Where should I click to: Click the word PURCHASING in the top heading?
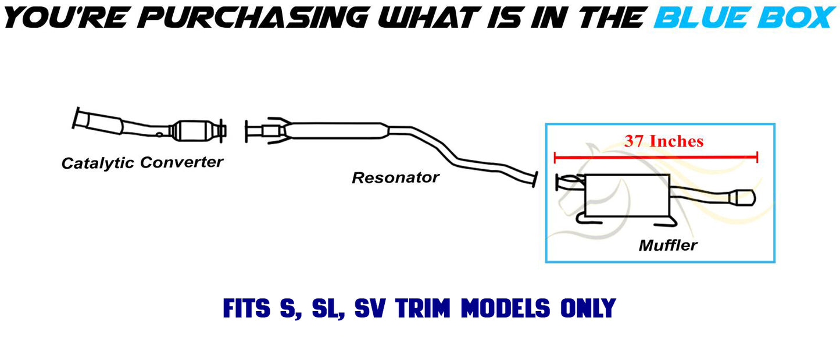pos(253,17)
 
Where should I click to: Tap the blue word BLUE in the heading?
pos(706,17)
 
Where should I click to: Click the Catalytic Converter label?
pos(142,162)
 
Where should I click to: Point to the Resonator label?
pos(395,177)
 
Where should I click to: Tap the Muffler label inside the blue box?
pos(668,245)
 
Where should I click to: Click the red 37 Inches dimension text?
pos(664,141)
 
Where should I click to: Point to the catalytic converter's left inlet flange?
pos(76,118)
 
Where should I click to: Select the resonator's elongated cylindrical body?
pos(337,131)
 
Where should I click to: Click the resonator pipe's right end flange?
pos(533,179)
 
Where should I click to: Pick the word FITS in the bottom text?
pos(246,308)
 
